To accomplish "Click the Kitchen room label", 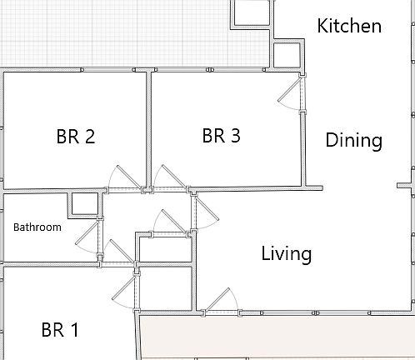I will pyautogui.click(x=350, y=26).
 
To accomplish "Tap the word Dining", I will pyautogui.click(x=353, y=140).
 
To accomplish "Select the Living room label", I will pyautogui.click(x=286, y=253).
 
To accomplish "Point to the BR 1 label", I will pyautogui.click(x=60, y=330).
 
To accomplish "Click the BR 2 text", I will pyautogui.click(x=76, y=136).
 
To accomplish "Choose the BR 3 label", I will pyautogui.click(x=222, y=135).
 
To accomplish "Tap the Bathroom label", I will pyautogui.click(x=37, y=227).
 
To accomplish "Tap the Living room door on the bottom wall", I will pyautogui.click(x=222, y=300).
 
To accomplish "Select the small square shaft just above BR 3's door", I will pyautogui.click(x=287, y=54).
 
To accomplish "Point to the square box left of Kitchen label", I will pyautogui.click(x=251, y=12).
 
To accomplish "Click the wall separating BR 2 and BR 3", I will pyautogui.click(x=148, y=129).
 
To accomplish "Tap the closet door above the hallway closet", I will pyautogui.click(x=169, y=223).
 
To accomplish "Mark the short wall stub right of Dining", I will pyautogui.click(x=405, y=185).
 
